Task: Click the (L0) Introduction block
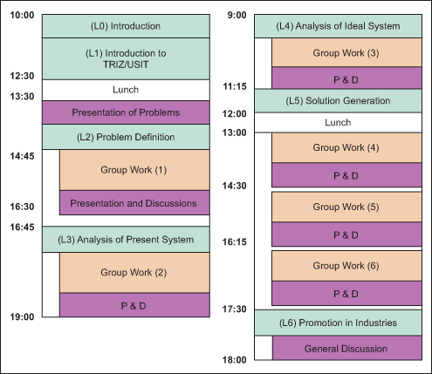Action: click(126, 26)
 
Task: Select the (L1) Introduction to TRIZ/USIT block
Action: click(126, 59)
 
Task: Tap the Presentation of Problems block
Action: click(126, 112)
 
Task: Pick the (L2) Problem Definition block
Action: click(126, 137)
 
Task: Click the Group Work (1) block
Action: click(134, 170)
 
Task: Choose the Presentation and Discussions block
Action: click(134, 203)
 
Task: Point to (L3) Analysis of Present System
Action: click(126, 240)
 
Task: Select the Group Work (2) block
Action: click(134, 273)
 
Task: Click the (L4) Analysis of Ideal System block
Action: click(338, 26)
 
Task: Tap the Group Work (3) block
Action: click(346, 52)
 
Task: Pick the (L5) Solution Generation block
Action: click(338, 101)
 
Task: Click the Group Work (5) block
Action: click(346, 207)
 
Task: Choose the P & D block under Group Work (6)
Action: click(346, 293)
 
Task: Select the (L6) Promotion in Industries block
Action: click(338, 323)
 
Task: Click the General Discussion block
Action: click(346, 348)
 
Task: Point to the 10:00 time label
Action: click(22, 15)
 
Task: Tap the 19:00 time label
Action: click(22, 316)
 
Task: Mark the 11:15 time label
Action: click(235, 86)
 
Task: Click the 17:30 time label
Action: click(235, 309)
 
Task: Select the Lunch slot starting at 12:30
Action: click(126, 90)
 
